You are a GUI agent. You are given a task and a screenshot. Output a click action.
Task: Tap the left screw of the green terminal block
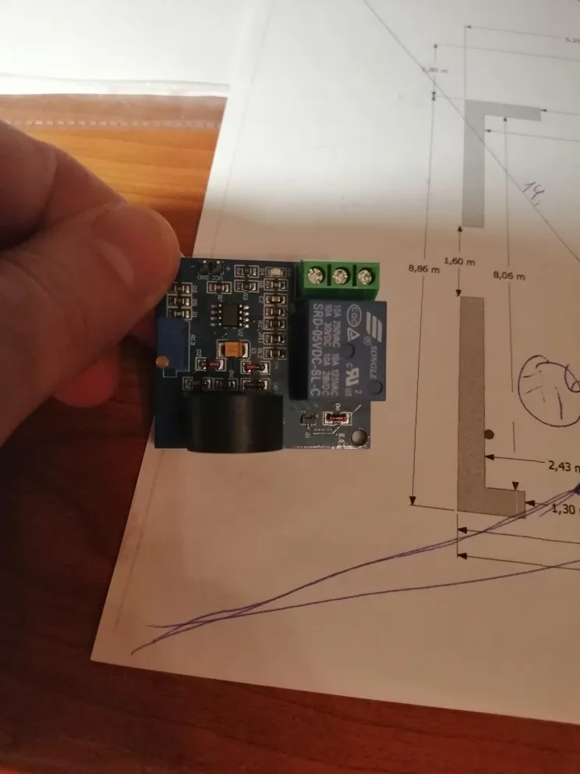[316, 275]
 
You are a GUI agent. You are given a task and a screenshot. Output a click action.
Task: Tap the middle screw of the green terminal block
[340, 275]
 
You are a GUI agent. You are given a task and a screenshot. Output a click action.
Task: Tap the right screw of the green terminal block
[363, 276]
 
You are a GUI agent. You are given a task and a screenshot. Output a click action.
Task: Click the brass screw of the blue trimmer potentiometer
[161, 362]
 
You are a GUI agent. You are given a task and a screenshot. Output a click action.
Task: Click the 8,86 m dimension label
[423, 268]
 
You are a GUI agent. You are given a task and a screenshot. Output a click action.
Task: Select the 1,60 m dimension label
[458, 261]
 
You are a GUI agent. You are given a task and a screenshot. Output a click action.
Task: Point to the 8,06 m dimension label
[509, 275]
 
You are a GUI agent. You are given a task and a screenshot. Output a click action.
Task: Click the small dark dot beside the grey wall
[489, 433]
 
